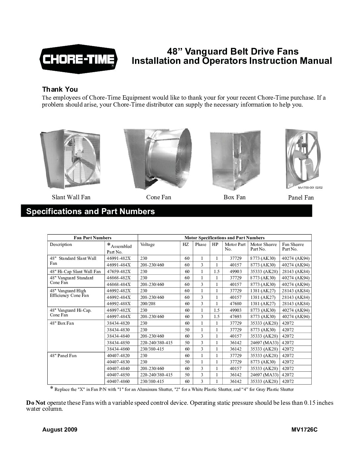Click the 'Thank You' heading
click(60, 89)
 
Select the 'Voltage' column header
click(147, 245)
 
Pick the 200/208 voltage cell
click(147, 303)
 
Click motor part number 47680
click(236, 303)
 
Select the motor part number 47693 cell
click(236, 316)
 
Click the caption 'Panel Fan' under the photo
click(301, 198)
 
